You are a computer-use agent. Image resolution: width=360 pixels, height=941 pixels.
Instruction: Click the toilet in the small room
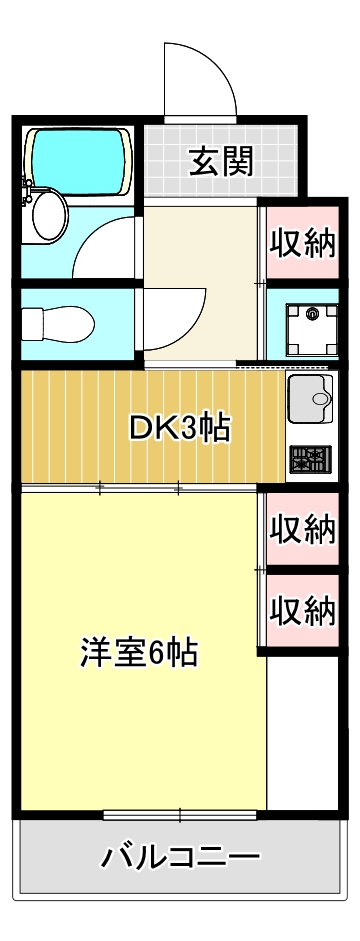(x=58, y=323)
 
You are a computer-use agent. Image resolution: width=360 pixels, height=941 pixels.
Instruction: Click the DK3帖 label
(x=181, y=429)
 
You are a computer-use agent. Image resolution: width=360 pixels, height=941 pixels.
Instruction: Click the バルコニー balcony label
(x=181, y=857)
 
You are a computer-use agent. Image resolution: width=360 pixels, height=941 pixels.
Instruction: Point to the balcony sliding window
(x=181, y=814)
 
